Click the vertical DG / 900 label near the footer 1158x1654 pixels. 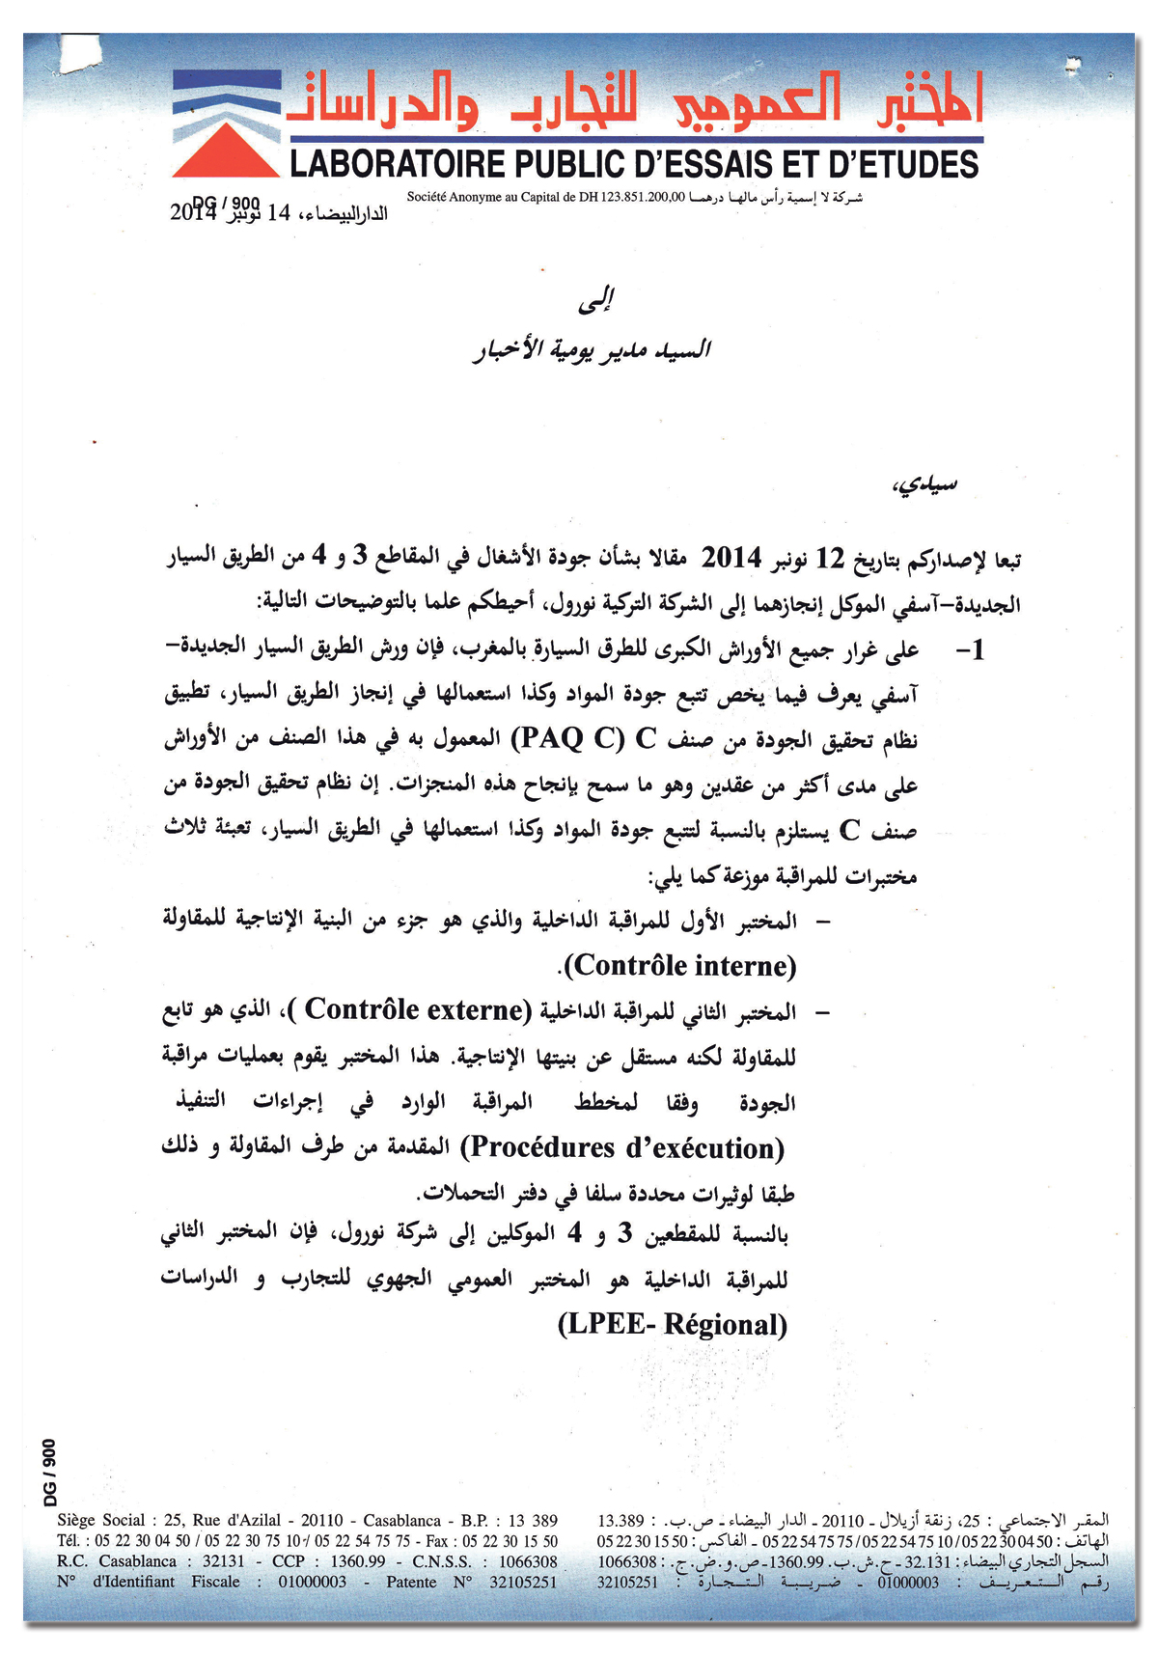pos(51,1472)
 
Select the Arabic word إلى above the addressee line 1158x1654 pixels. pos(595,302)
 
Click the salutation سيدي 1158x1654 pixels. pos(924,485)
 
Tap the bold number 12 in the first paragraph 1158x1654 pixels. pos(831,559)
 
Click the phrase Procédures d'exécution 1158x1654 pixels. pos(623,1148)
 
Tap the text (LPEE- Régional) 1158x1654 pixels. pos(673,1324)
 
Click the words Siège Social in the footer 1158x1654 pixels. pos(100,1520)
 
